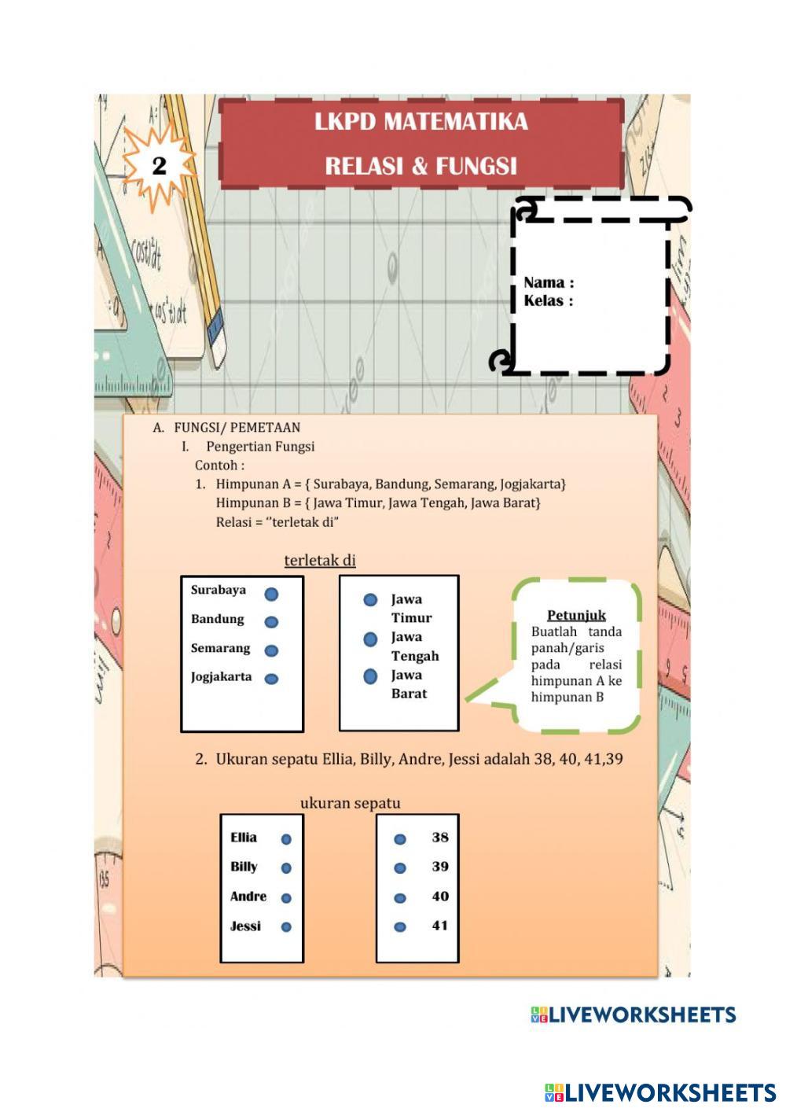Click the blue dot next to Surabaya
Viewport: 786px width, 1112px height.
[271, 595]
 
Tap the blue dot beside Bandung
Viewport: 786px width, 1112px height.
[271, 622]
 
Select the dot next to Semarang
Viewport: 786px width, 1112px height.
[271, 650]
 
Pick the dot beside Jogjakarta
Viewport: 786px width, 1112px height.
[271, 679]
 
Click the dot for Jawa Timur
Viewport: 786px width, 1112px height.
[370, 600]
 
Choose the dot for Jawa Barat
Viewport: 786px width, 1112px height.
[370, 676]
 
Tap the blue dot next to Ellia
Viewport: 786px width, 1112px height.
[286, 839]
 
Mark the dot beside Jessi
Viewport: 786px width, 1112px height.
[286, 927]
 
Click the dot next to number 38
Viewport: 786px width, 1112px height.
[400, 839]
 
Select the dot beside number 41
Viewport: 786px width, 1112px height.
[400, 927]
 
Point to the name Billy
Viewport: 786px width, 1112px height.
[244, 867]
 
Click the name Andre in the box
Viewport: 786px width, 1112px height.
[248, 897]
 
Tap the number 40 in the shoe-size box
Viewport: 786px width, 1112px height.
[440, 897]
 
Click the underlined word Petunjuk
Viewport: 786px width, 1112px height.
[576, 615]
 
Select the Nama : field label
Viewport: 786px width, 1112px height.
[549, 282]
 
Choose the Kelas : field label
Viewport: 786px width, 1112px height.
[548, 300]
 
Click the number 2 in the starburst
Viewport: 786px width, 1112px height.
[160, 166]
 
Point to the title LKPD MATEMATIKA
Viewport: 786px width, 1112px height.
[421, 122]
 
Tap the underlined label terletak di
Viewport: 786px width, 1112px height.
[320, 560]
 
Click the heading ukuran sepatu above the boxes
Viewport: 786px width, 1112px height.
[351, 803]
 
